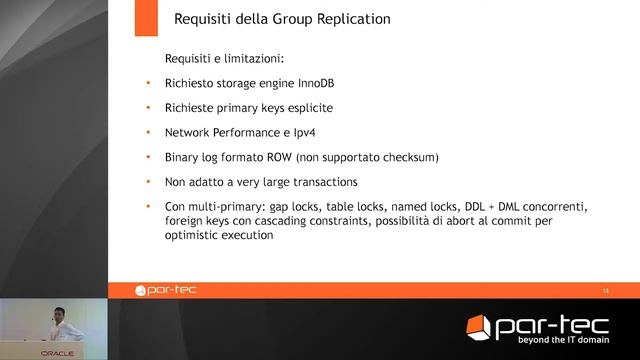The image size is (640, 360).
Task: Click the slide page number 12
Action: [x=605, y=291]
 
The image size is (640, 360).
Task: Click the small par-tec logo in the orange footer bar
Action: [x=167, y=291]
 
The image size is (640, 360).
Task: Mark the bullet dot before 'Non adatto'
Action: [x=148, y=182]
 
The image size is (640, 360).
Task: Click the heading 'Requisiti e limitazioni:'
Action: [x=218, y=59]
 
